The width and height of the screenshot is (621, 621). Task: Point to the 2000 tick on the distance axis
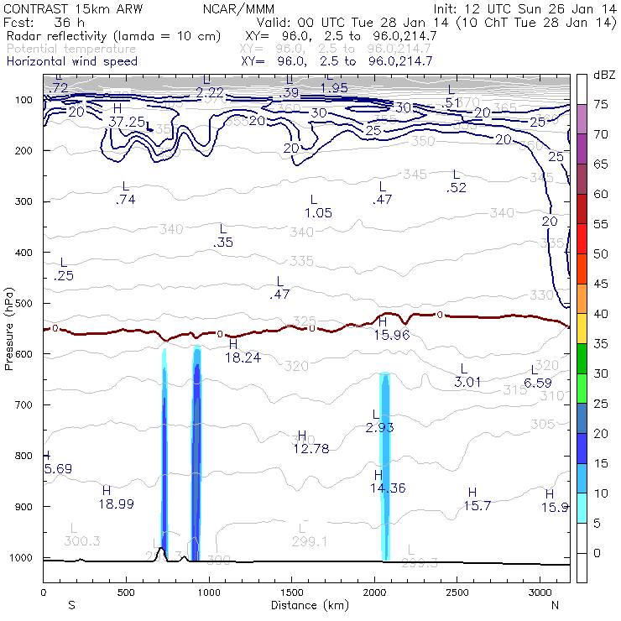pyautogui.click(x=373, y=592)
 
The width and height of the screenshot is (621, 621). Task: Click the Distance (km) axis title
pyautogui.click(x=305, y=605)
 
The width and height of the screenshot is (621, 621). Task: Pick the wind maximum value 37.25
pyautogui.click(x=127, y=122)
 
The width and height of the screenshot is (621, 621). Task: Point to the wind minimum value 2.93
pyautogui.click(x=379, y=428)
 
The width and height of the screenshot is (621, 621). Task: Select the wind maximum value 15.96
pyautogui.click(x=390, y=335)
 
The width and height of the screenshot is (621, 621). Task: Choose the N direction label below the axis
pyautogui.click(x=556, y=605)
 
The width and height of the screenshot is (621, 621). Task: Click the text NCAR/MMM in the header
pyautogui.click(x=238, y=8)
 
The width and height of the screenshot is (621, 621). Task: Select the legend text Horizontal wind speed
pyautogui.click(x=71, y=62)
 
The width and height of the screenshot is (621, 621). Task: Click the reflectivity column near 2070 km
pyautogui.click(x=386, y=470)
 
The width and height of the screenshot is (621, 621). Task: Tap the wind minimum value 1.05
pyautogui.click(x=318, y=213)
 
